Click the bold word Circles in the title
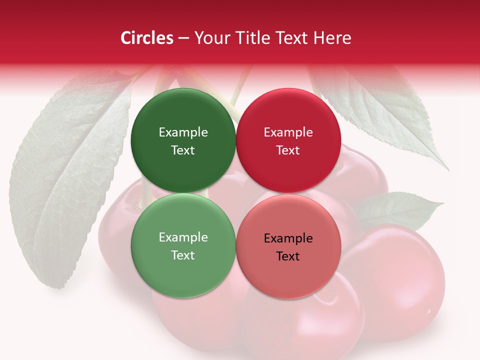tap(147, 38)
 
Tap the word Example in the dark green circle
tap(183, 132)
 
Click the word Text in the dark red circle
tap(288, 150)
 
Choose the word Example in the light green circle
tap(183, 237)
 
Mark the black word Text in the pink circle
tap(288, 256)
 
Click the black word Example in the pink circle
tap(288, 238)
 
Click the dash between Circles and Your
tap(184, 38)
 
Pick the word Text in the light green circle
tap(183, 255)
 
